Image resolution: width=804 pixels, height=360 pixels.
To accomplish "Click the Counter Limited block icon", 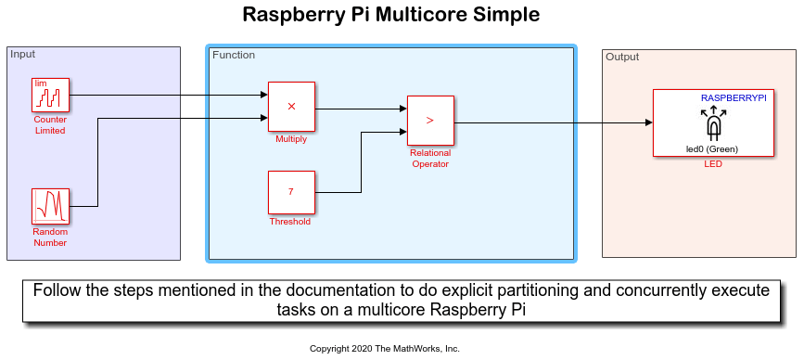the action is pyautogui.click(x=50, y=95).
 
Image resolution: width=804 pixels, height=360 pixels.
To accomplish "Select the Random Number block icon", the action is pyautogui.click(x=50, y=206).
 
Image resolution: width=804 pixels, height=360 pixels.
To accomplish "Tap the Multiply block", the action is pyautogui.click(x=291, y=107).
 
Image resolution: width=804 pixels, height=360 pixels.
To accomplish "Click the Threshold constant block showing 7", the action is pyautogui.click(x=291, y=192).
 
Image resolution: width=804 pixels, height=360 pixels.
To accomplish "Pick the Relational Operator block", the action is pyautogui.click(x=430, y=121).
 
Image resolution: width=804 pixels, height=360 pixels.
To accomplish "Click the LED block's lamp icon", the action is pyautogui.click(x=713, y=123).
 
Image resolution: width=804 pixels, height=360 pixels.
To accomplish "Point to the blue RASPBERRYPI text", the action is pyautogui.click(x=734, y=98).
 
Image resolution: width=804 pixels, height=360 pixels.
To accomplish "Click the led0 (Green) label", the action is pyautogui.click(x=711, y=149).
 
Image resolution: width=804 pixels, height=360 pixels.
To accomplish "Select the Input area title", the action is pyautogui.click(x=22, y=54).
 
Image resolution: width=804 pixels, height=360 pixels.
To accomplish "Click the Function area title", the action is pyautogui.click(x=234, y=55).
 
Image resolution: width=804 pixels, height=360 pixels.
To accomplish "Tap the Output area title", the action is pyautogui.click(x=622, y=57).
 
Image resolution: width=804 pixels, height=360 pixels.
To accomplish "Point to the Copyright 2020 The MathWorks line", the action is pyautogui.click(x=385, y=349).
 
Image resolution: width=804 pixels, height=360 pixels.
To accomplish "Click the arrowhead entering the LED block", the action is pyautogui.click(x=648, y=122).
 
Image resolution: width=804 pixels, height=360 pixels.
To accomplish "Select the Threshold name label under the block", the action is pyautogui.click(x=290, y=222).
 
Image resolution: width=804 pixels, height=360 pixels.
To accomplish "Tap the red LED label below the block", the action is pyautogui.click(x=713, y=164).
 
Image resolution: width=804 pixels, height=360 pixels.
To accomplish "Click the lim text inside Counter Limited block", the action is pyautogui.click(x=40, y=84).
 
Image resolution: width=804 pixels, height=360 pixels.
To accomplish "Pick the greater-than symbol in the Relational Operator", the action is pyautogui.click(x=430, y=120).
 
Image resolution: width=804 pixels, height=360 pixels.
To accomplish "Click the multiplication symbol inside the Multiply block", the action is pyautogui.click(x=291, y=106).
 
